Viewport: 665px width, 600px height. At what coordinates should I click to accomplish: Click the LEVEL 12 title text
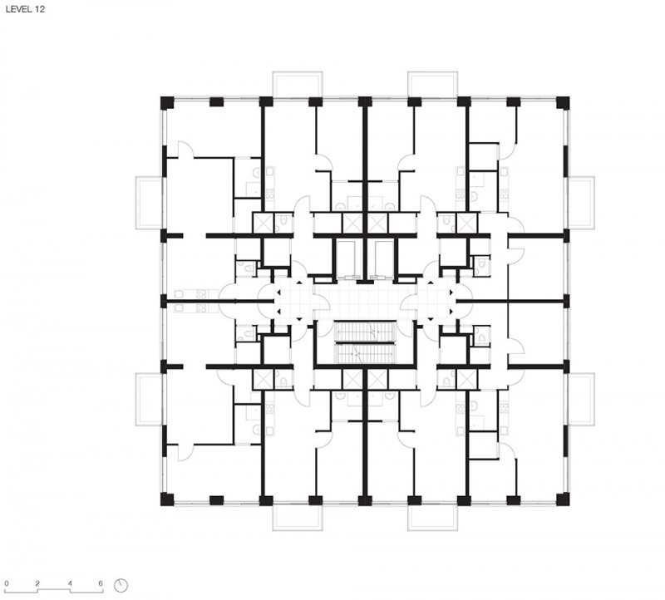[25, 9]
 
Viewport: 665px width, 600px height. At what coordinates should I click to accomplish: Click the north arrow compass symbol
[121, 585]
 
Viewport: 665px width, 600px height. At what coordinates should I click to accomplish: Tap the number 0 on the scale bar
[7, 583]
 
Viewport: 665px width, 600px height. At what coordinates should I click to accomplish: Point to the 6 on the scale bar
[101, 583]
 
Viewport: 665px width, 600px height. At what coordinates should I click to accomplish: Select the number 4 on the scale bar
[70, 583]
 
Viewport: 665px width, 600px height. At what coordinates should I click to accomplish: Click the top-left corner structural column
[167, 102]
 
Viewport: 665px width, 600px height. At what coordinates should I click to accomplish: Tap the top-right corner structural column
[563, 102]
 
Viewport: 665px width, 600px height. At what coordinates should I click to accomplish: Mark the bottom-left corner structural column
[167, 499]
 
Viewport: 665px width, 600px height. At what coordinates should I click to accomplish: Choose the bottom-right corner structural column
[563, 499]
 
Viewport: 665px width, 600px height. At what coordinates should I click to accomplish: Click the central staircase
[365, 342]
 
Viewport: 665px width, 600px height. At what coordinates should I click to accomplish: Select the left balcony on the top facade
[298, 85]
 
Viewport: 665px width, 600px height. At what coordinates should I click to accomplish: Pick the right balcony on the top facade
[432, 85]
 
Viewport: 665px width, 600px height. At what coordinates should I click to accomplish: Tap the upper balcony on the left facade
[149, 203]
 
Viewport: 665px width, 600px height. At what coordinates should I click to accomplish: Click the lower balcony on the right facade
[581, 399]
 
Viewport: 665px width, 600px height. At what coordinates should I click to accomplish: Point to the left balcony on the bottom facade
[298, 518]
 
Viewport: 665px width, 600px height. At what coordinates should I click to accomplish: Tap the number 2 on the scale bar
[37, 583]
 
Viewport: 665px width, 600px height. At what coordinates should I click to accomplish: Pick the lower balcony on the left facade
[149, 399]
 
